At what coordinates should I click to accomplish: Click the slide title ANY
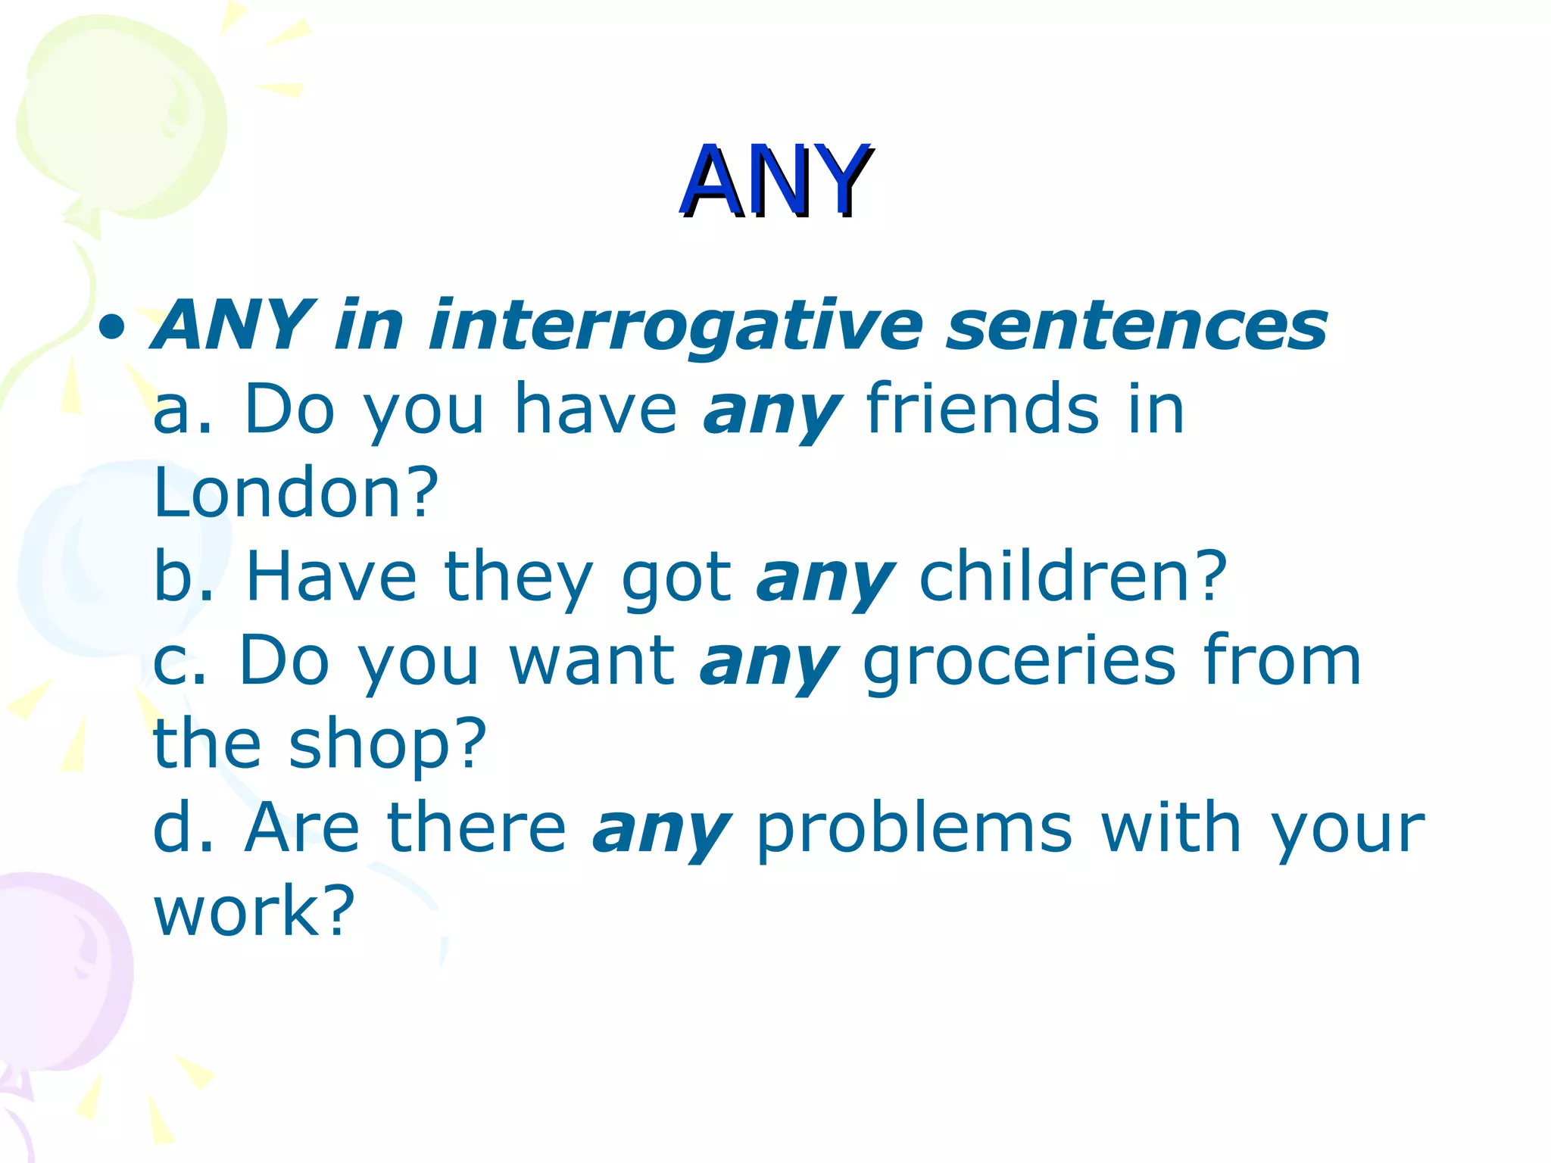pyautogui.click(x=775, y=182)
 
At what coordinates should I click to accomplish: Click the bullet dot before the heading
pyautogui.click(x=111, y=328)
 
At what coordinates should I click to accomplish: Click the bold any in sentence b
pyautogui.click(x=825, y=581)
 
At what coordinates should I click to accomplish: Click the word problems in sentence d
pyautogui.click(x=914, y=829)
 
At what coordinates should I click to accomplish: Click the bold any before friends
pyautogui.click(x=772, y=413)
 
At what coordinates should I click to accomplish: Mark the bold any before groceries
pyautogui.click(x=769, y=665)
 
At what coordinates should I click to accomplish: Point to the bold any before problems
pyautogui.click(x=661, y=831)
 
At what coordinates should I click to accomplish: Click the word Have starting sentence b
pyautogui.click(x=331, y=577)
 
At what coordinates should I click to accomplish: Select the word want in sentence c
pyautogui.click(x=591, y=661)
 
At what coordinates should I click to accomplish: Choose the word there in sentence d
pyautogui.click(x=476, y=828)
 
